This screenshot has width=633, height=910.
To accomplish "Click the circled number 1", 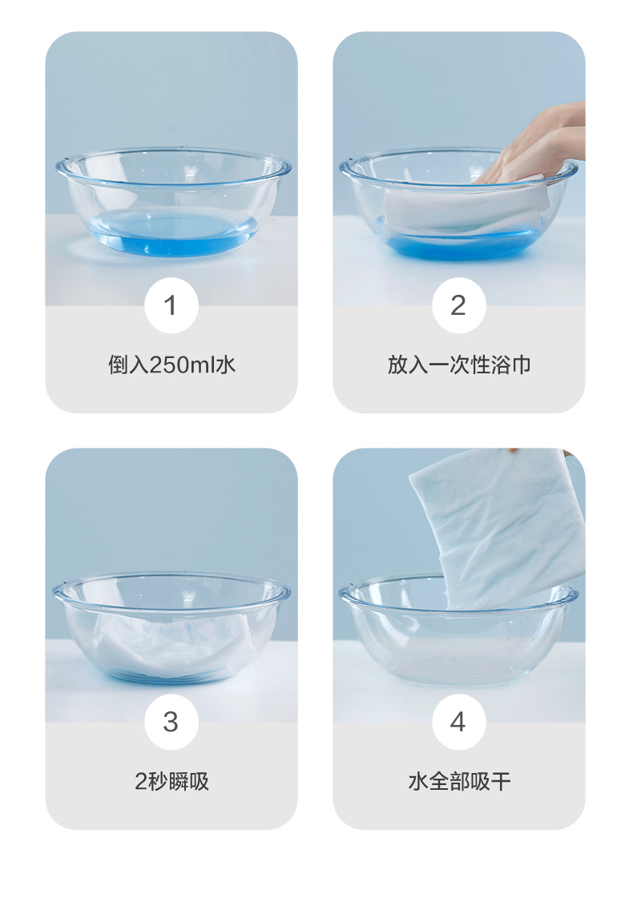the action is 171,305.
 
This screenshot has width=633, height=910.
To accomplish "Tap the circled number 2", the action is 459,305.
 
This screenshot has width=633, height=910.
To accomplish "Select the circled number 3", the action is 171,722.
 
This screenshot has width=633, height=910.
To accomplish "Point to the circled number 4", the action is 459,722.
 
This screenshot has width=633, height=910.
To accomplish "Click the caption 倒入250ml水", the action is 172,365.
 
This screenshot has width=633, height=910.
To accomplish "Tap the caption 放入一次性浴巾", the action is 459,365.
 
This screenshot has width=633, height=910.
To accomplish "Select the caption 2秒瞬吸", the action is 172,782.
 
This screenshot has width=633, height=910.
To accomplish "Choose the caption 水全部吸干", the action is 459,782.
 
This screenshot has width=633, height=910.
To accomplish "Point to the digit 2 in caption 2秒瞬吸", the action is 141,782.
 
